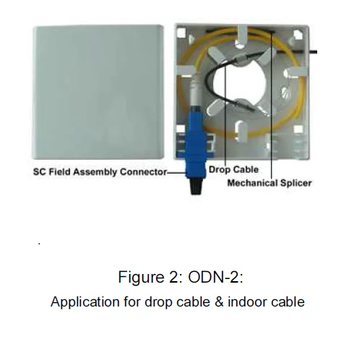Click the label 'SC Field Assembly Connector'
(100, 173)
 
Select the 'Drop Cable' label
(233, 170)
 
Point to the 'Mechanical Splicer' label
(270, 183)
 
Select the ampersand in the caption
(215, 301)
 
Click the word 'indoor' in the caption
(246, 301)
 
